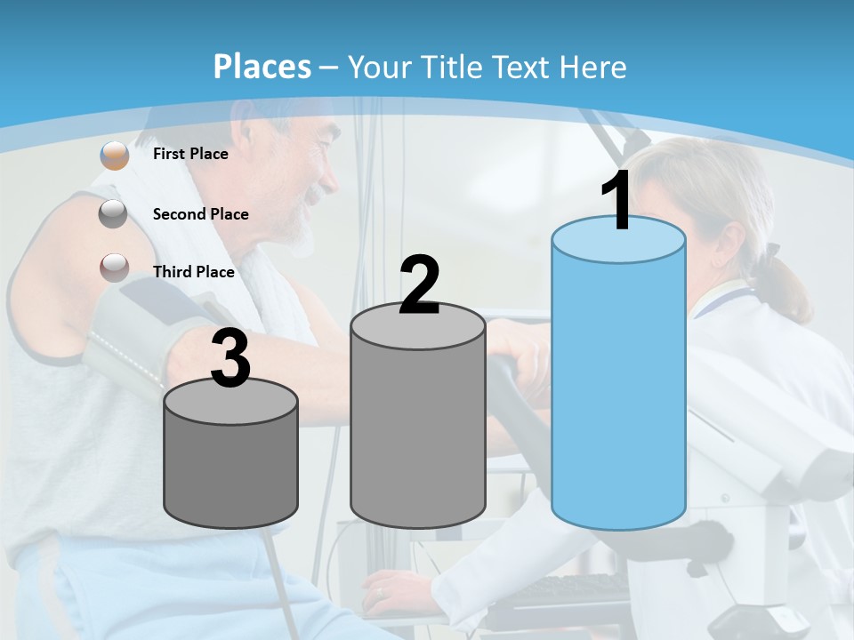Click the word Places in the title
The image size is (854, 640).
click(x=262, y=67)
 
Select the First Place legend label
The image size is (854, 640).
click(x=190, y=154)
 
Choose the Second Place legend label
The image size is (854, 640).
click(x=200, y=214)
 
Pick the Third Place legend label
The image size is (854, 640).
click(x=193, y=272)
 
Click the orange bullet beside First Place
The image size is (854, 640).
click(x=114, y=155)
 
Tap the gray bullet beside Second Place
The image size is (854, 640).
click(x=113, y=214)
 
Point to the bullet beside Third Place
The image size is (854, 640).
click(x=114, y=267)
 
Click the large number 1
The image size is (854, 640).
click(x=617, y=202)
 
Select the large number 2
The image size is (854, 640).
click(x=419, y=285)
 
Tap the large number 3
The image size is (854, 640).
click(x=230, y=359)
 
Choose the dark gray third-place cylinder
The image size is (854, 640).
click(x=230, y=471)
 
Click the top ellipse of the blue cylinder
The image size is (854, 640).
click(x=618, y=240)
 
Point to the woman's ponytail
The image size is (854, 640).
click(x=787, y=289)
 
